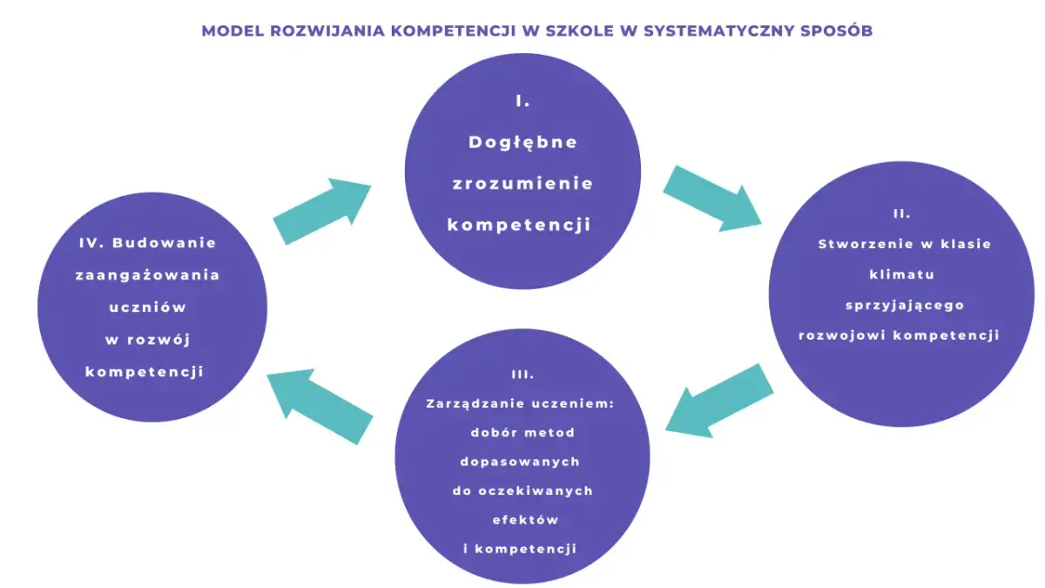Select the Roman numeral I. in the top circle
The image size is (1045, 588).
[522, 101]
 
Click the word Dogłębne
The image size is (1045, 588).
[522, 142]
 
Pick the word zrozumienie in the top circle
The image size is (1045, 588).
[522, 184]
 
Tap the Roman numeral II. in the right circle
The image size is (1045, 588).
[901, 213]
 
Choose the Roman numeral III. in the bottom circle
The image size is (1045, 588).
[522, 375]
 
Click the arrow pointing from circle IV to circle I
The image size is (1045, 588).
[323, 210]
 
